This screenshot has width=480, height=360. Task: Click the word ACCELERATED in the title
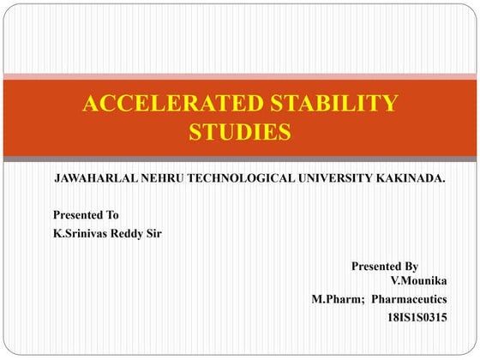coord(172,105)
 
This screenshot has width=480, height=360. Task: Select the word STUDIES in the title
coord(239,132)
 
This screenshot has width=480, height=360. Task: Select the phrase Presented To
coord(86,214)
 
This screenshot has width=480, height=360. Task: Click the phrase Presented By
coord(385,267)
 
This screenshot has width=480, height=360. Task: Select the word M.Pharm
coord(337,299)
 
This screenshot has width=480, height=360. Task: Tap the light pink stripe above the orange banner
coord(240,76)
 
